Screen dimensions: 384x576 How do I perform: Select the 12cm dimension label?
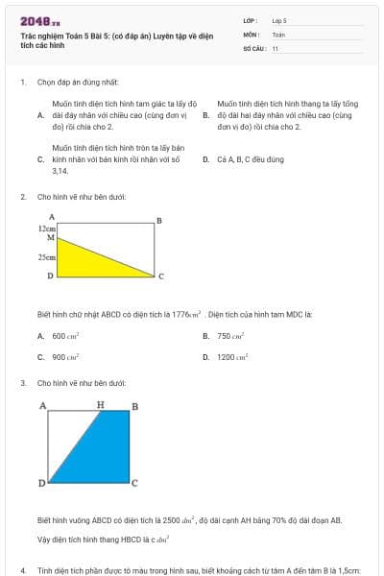47,229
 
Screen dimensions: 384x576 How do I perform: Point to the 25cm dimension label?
46,257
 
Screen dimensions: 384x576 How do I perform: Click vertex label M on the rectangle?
51,237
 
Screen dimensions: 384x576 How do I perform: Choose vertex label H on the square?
100,405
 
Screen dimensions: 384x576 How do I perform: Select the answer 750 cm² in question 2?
230,336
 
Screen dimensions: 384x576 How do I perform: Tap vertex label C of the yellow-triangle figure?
160,276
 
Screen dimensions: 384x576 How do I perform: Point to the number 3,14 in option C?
60,170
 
